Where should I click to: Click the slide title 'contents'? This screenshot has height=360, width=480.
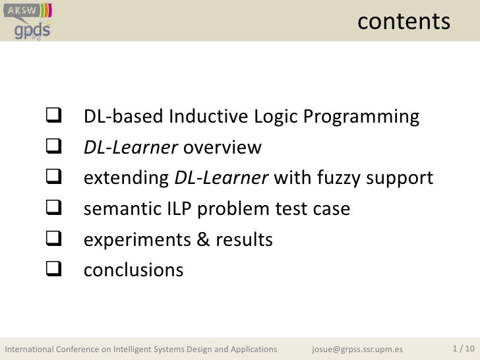point(404,22)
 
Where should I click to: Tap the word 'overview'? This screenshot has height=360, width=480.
point(222,148)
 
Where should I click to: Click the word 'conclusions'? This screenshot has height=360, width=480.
point(133,270)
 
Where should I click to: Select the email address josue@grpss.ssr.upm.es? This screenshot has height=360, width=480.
point(357,348)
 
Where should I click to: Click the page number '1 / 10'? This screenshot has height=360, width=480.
point(463,347)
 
